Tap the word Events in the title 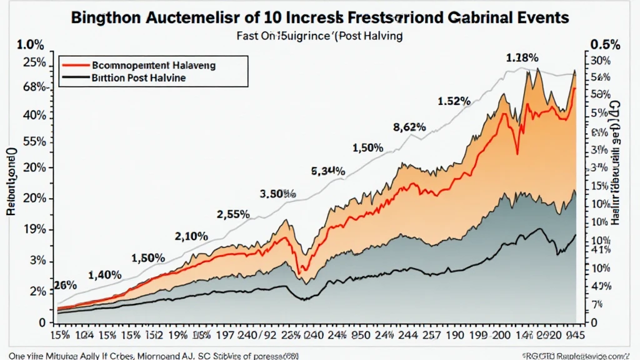tap(539, 16)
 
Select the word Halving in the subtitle tap(380, 36)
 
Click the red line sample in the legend tap(76, 64)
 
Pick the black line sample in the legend tap(76, 78)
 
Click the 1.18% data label tap(522, 58)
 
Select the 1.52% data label tap(454, 101)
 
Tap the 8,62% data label tap(409, 127)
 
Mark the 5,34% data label tap(328, 170)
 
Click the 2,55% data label tap(233, 214)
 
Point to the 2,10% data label tap(191, 236)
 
